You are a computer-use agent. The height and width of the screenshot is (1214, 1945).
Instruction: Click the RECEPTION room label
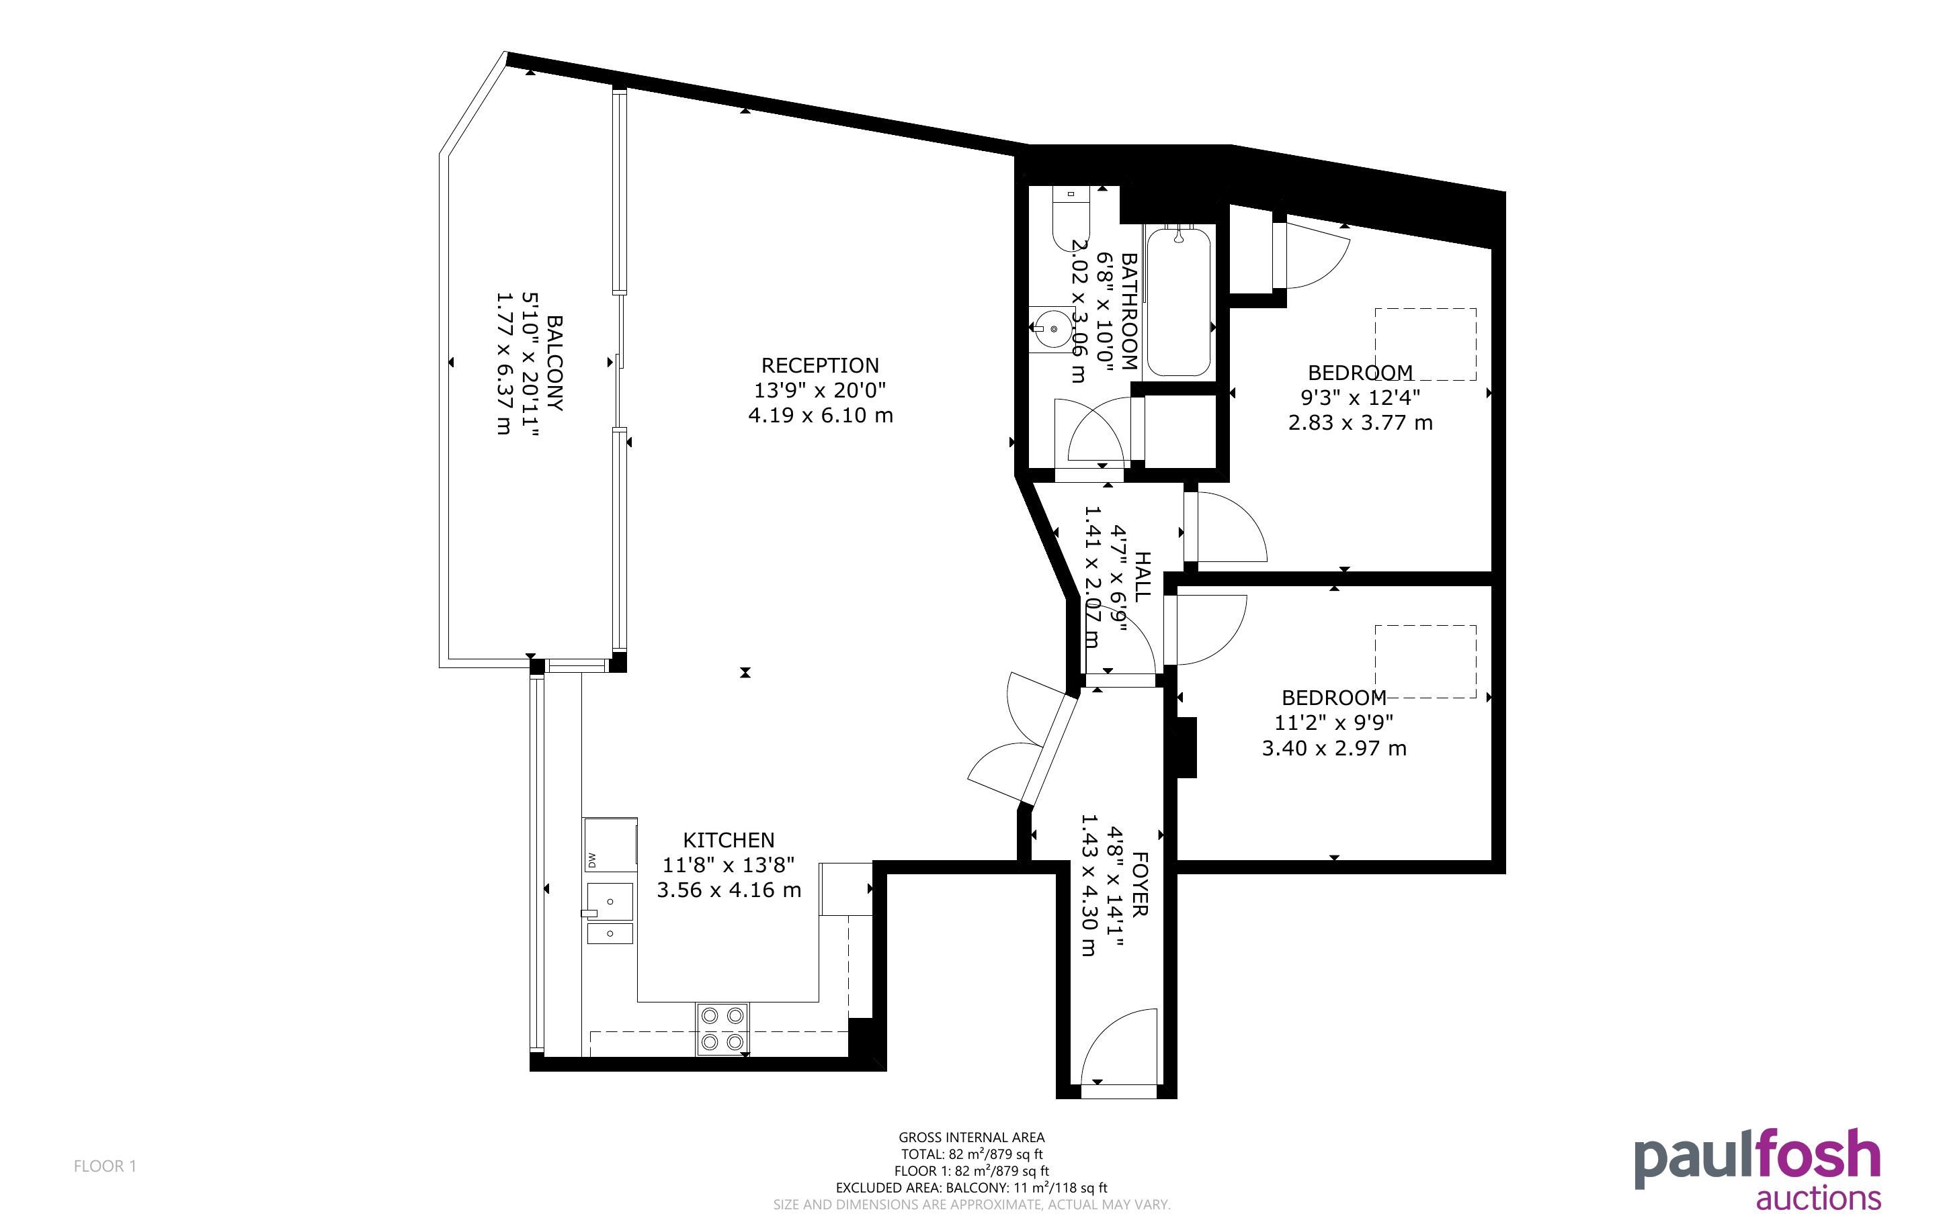819,365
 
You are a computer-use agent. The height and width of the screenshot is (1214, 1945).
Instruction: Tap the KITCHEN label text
729,840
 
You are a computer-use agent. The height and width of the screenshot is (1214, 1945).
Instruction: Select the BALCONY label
554,363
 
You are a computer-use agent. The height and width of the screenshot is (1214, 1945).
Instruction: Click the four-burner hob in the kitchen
722,1029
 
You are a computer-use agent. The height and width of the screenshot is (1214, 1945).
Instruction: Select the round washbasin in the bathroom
1053,329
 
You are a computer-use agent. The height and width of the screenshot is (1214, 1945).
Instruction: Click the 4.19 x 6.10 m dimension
820,415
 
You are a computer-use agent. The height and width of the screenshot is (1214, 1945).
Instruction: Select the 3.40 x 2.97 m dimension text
1333,748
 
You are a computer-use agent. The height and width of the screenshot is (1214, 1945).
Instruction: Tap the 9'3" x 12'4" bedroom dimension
1360,397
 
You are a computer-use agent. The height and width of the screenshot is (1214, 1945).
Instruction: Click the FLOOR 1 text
106,1166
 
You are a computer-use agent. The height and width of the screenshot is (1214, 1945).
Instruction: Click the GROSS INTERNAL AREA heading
971,1137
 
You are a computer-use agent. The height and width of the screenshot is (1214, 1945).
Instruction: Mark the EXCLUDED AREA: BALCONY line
971,1188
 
